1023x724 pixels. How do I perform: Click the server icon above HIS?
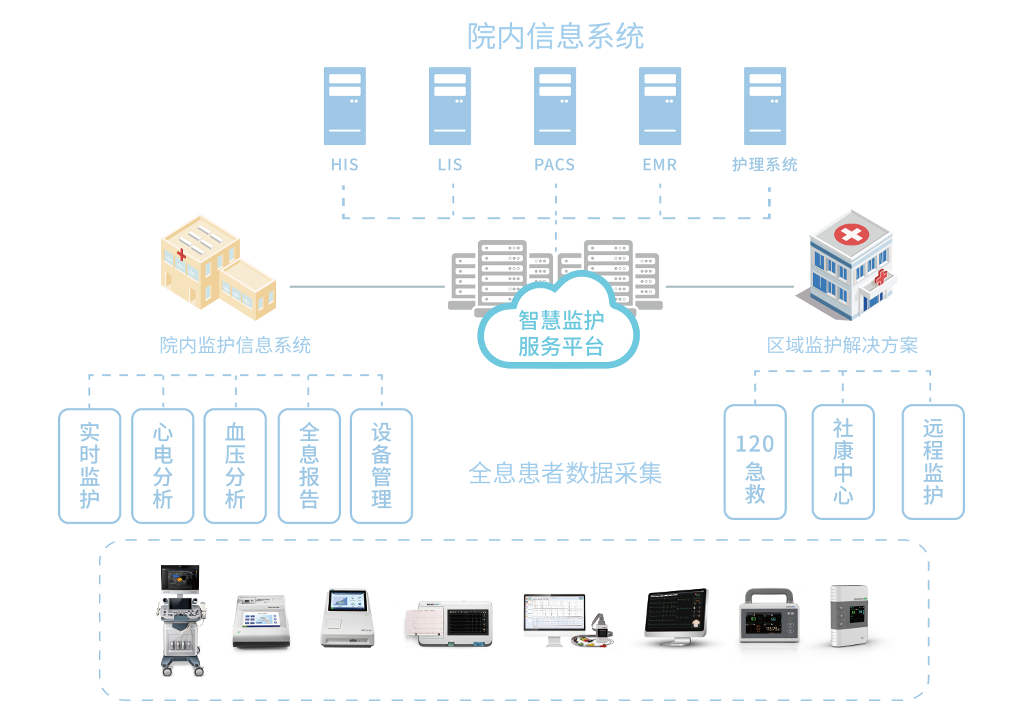click(344, 106)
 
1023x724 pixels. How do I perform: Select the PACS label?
click(554, 165)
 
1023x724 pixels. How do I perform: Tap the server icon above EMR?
click(659, 106)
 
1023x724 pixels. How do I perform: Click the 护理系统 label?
click(765, 165)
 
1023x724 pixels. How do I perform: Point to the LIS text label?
click(449, 165)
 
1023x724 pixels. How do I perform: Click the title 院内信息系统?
click(555, 37)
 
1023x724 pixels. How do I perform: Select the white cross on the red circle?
click(851, 235)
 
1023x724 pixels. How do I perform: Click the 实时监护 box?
click(90, 466)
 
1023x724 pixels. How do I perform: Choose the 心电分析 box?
click(162, 466)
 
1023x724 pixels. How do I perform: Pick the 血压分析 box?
click(235, 466)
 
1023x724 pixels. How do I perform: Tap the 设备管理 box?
click(381, 466)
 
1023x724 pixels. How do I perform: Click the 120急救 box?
click(755, 462)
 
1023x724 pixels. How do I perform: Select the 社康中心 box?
click(843, 462)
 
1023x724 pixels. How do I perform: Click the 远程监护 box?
click(933, 462)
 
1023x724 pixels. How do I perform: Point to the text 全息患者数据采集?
click(565, 473)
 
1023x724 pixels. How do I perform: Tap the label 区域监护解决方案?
click(842, 346)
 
